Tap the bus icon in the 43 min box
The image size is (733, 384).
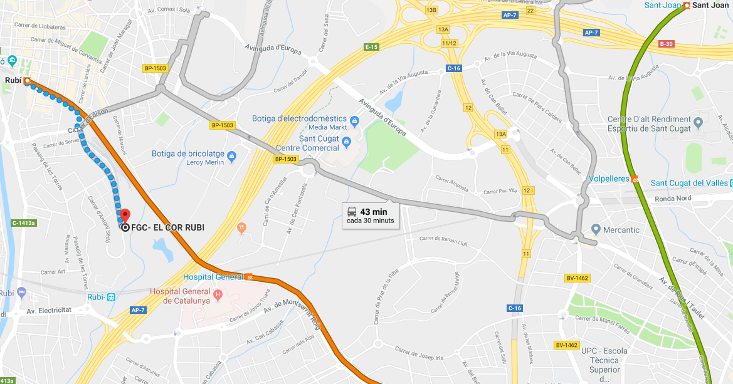(x=352, y=212)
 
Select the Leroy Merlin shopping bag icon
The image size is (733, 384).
(x=231, y=155)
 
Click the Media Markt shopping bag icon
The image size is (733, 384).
(x=354, y=120)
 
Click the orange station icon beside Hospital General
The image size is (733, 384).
(x=250, y=277)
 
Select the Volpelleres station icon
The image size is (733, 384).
(x=636, y=179)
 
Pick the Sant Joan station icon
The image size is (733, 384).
(x=687, y=6)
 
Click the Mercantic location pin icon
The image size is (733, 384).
(x=596, y=230)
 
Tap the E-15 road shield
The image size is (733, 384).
(x=371, y=47)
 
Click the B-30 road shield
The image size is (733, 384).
(x=666, y=44)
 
